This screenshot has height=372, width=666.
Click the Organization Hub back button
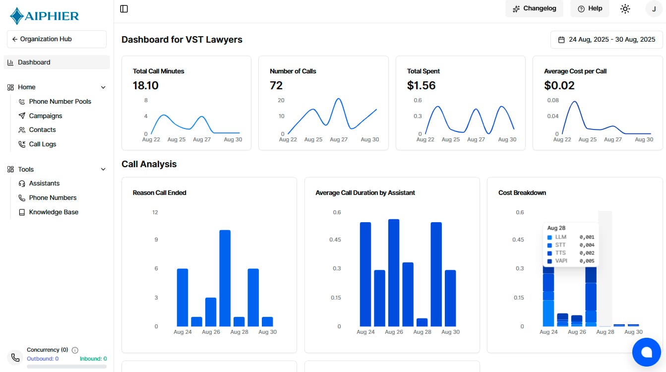pyautogui.click(x=57, y=39)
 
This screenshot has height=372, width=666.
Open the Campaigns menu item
pyautogui.click(x=46, y=116)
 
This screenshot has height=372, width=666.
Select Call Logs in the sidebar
pyautogui.click(x=43, y=144)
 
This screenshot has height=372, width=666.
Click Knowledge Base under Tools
pyautogui.click(x=54, y=212)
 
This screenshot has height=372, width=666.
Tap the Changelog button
pyautogui.click(x=534, y=8)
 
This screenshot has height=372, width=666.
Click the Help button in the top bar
pyautogui.click(x=590, y=8)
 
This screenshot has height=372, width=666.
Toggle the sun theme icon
pyautogui.click(x=625, y=8)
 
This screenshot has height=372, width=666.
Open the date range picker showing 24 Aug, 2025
pyautogui.click(x=606, y=40)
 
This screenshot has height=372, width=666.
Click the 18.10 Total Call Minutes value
pyautogui.click(x=145, y=85)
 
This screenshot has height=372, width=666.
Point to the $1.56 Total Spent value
pyautogui.click(x=421, y=85)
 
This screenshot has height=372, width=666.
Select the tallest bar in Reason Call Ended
pyautogui.click(x=225, y=278)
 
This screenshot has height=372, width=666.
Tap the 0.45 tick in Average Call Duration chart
pyautogui.click(x=336, y=240)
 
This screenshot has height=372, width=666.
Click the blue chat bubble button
pyautogui.click(x=646, y=352)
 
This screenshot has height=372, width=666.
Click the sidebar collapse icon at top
pyautogui.click(x=124, y=8)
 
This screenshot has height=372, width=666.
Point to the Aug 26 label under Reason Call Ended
pyautogui.click(x=211, y=332)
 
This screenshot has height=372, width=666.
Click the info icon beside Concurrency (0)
pyautogui.click(x=75, y=350)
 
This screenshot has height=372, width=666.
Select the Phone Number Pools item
pyautogui.click(x=60, y=101)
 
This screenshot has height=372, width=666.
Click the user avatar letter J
pyautogui.click(x=654, y=9)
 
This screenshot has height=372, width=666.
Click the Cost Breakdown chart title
pyautogui.click(x=522, y=192)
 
